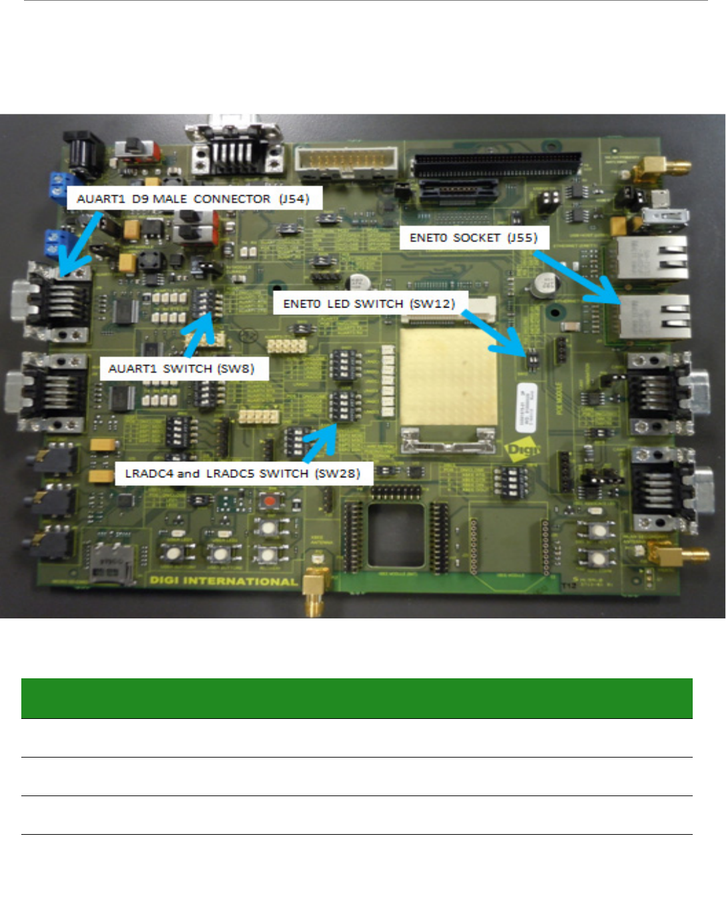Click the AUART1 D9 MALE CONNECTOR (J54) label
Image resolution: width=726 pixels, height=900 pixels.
(x=193, y=199)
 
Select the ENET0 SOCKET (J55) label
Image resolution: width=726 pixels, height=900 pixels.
(x=474, y=238)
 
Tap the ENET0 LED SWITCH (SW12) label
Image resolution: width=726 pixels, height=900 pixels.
(x=369, y=304)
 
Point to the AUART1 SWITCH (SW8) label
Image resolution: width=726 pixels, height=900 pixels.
(x=182, y=368)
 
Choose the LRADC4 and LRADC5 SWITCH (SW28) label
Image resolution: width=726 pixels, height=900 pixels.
(x=243, y=473)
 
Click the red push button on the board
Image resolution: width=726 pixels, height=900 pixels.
(x=269, y=501)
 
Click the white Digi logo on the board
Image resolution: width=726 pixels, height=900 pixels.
(x=524, y=450)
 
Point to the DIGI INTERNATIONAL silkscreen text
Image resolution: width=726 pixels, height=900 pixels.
(x=223, y=581)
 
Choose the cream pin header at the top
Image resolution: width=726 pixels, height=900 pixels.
(x=347, y=160)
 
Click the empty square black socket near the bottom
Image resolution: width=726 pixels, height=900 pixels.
(x=396, y=537)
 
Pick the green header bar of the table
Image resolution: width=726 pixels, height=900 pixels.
(x=357, y=698)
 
